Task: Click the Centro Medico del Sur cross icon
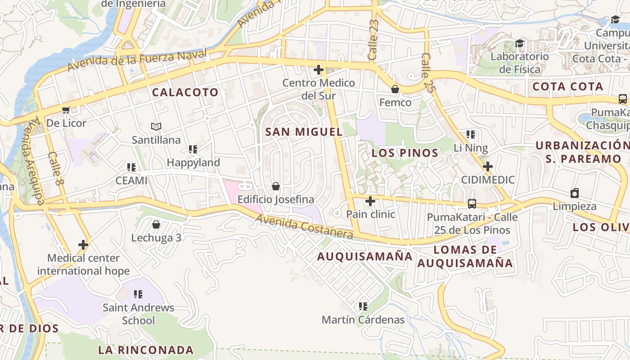click(x=319, y=70)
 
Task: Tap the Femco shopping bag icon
click(x=395, y=89)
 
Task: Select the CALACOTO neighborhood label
click(x=185, y=92)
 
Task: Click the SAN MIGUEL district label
click(x=304, y=132)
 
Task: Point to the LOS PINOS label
click(x=405, y=153)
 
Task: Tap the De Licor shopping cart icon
click(x=66, y=110)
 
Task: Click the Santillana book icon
click(x=156, y=127)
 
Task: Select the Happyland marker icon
click(x=193, y=149)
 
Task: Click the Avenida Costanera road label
click(x=304, y=227)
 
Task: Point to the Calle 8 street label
click(x=55, y=169)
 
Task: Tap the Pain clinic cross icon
click(x=370, y=201)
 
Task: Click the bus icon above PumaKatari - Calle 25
click(x=472, y=204)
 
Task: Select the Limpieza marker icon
click(x=574, y=193)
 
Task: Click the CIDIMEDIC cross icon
click(x=487, y=166)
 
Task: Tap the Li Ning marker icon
click(x=471, y=134)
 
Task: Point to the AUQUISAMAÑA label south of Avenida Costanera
click(x=364, y=256)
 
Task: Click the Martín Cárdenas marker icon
click(x=363, y=306)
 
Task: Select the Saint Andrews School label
click(x=138, y=314)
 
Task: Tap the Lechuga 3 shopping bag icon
click(x=156, y=224)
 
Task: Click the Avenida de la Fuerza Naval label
click(x=137, y=60)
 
